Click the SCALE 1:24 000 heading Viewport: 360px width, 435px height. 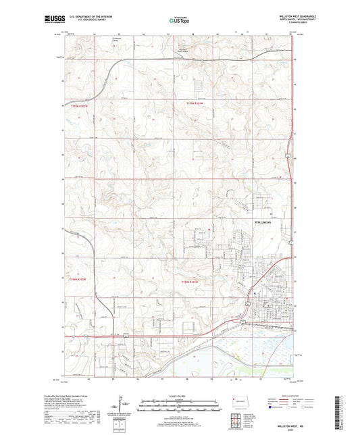180,396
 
